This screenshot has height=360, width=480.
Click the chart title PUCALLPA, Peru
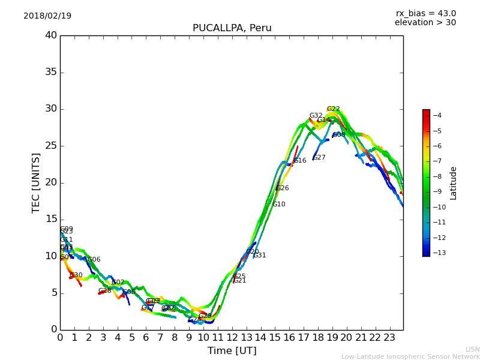pos(232,28)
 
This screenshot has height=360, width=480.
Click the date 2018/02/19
pos(47,16)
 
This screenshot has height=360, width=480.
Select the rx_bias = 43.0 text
pos(425,13)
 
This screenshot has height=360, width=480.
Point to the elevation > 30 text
pos(425,23)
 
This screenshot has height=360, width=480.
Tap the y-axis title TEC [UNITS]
pos(37,182)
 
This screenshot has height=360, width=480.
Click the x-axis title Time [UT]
pos(232,351)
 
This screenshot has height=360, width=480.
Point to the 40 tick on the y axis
pos(51,35)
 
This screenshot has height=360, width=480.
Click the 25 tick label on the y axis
pos(51,146)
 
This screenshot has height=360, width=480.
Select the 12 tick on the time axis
pos(232,338)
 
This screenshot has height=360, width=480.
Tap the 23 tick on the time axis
pos(389,338)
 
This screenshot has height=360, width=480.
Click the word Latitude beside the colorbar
pos(454,182)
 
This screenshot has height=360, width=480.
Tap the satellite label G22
pos(333,109)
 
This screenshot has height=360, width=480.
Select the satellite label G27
pos(319,158)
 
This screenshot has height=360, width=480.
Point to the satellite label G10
pos(279,205)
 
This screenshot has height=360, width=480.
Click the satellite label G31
pos(260,256)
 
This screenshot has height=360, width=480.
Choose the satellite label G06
pos(94,260)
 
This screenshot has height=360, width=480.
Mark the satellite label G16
pos(300,161)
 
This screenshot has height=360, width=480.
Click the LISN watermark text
pos(473,349)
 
